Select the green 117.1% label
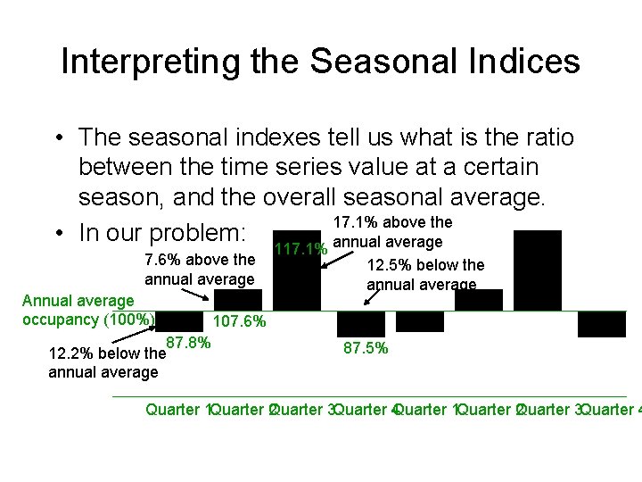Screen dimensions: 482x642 [x=300, y=249]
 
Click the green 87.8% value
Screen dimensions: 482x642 [x=188, y=343]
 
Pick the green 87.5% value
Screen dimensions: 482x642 [x=366, y=348]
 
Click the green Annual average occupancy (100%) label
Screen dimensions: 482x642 [x=88, y=311]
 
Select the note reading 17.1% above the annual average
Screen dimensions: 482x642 [x=391, y=232]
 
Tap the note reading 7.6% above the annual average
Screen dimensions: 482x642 [x=200, y=270]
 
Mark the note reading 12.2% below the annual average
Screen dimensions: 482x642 [x=107, y=361]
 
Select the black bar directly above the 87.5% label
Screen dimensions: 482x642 [x=360, y=323]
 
